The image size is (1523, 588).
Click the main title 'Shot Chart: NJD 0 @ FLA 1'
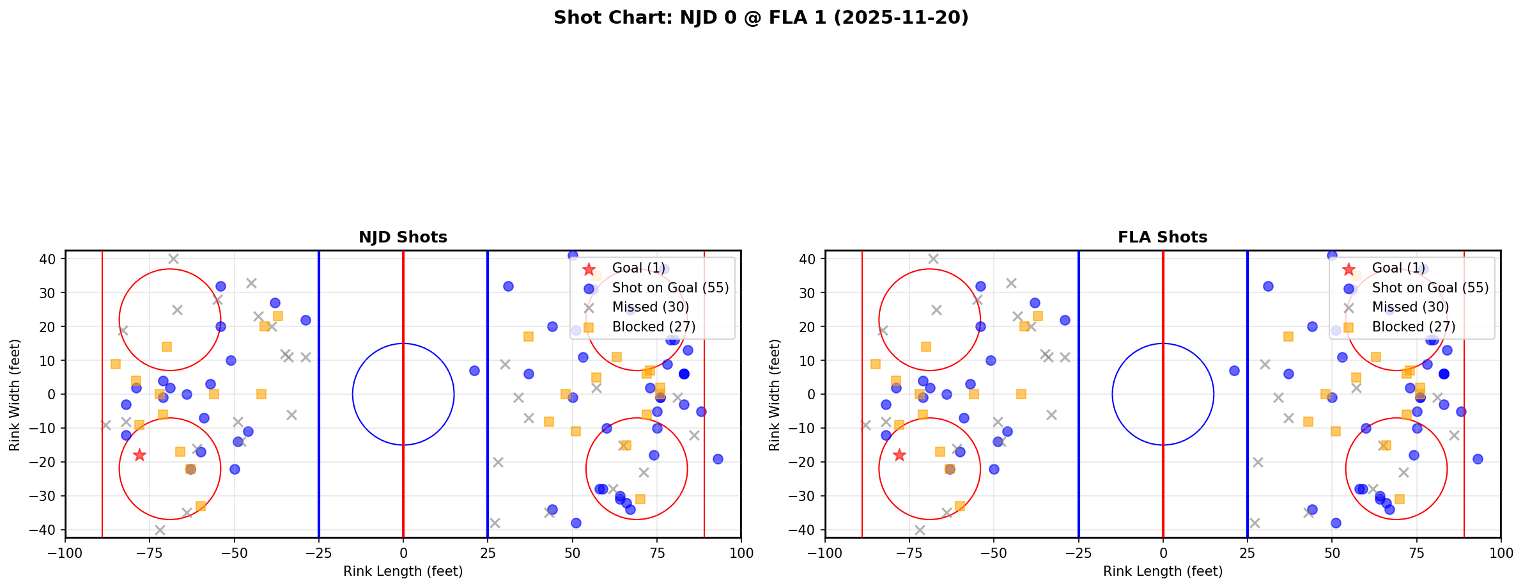pos(761,18)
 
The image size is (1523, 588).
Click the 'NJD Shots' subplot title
pos(403,237)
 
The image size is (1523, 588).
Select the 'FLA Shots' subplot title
pos(1162,237)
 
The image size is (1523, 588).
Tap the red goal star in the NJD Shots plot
pos(139,455)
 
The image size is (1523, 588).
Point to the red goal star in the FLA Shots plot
pos(899,455)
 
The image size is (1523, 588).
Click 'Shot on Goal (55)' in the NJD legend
pos(670,288)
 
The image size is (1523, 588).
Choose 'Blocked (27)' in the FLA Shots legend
pos(1413,327)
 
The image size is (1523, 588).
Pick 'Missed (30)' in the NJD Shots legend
pos(650,307)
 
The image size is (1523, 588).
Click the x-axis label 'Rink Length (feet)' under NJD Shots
pos(403,571)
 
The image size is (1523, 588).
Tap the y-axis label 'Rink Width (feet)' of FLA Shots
pos(775,395)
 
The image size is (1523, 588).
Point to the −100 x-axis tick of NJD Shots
pos(65,553)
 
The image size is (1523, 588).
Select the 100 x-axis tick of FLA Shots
pos(1500,553)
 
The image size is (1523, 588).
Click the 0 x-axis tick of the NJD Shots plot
pos(403,553)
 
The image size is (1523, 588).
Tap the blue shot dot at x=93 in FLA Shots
pos(1477,459)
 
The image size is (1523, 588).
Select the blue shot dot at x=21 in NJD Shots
pos(474,370)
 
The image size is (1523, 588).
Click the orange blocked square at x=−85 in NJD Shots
pos(116,364)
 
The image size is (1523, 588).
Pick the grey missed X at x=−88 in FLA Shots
pos(865,425)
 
